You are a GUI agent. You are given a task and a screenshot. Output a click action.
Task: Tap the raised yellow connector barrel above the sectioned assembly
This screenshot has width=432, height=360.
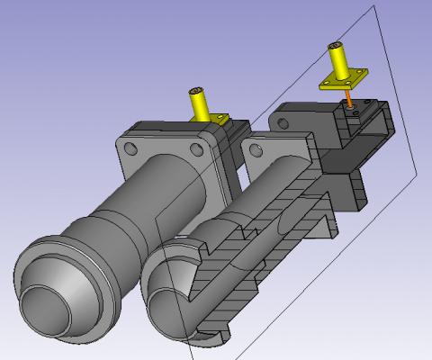tap(340, 63)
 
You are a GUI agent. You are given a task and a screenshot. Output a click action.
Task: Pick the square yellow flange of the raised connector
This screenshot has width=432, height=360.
tap(342, 85)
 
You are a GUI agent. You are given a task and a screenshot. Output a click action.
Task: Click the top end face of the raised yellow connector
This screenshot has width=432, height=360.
tap(336, 45)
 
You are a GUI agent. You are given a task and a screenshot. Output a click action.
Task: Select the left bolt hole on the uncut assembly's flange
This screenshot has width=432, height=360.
tap(131, 147)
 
